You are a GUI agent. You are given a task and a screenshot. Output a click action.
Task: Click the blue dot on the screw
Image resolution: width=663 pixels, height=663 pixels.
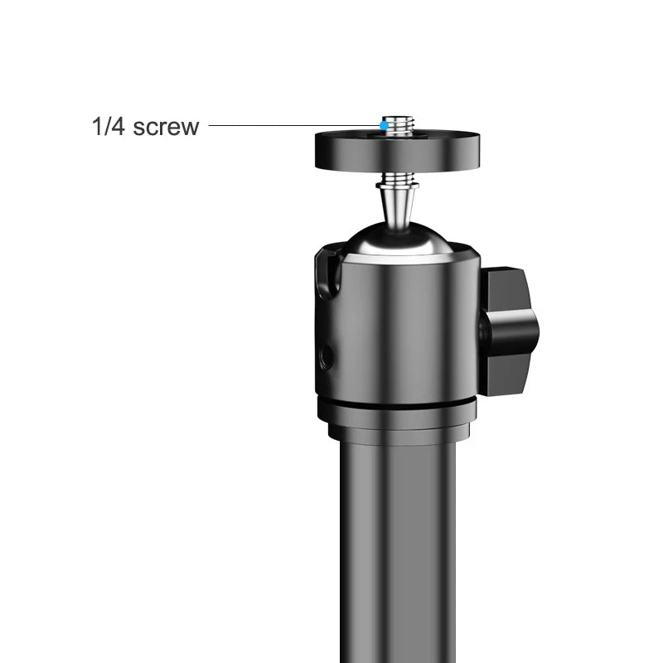point(383,126)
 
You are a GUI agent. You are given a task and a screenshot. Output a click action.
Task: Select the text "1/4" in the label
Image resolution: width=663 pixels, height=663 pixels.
point(109,127)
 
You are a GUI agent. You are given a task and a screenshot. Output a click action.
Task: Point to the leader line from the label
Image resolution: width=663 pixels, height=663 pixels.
point(290,126)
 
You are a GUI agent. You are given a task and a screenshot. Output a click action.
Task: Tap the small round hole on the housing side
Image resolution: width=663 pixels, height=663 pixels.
point(326,357)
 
